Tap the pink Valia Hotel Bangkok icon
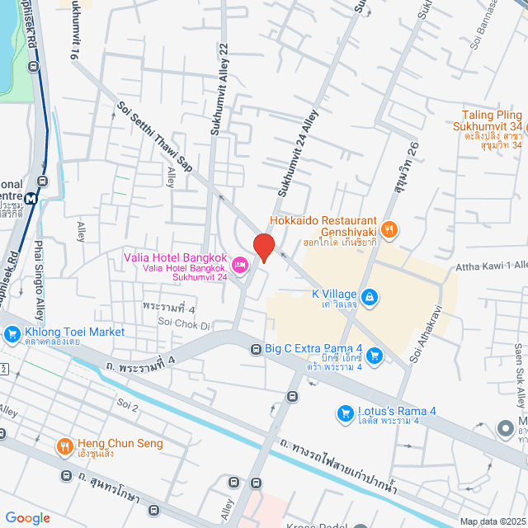(240, 265)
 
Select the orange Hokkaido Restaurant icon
(390, 228)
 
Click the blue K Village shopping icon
(370, 295)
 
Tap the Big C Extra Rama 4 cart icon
(375, 355)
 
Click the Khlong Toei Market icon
(12, 333)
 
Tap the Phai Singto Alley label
(39, 280)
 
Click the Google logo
(27, 517)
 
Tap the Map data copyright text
(492, 521)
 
